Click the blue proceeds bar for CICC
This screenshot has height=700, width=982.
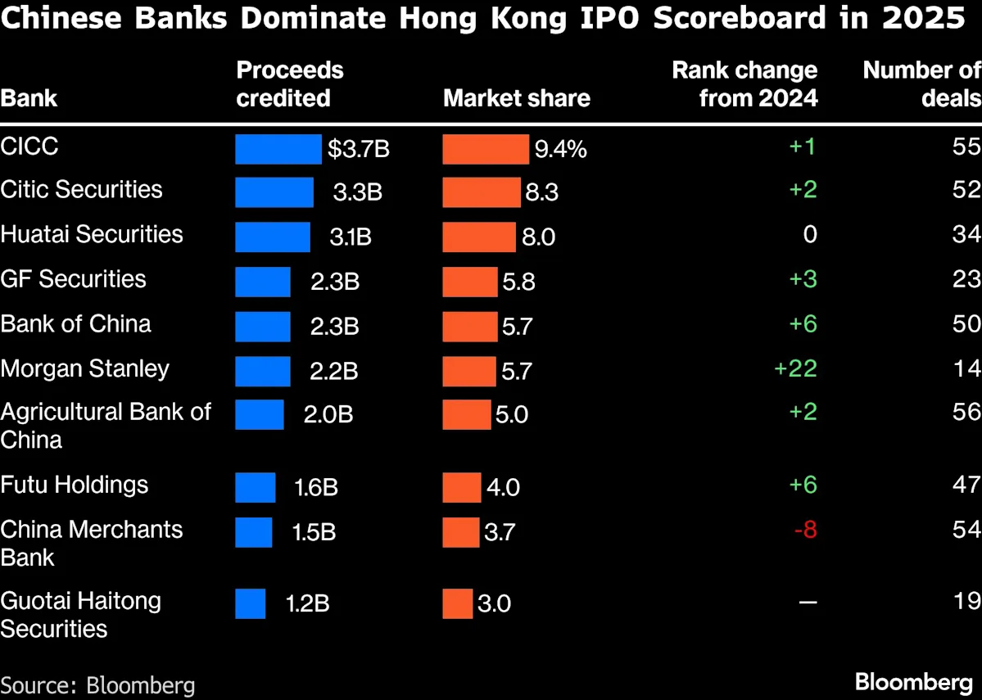[x=278, y=149]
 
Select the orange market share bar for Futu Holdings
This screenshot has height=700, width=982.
[x=462, y=487]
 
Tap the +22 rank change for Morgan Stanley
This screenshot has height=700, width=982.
[x=795, y=368]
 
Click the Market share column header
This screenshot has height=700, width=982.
[x=516, y=98]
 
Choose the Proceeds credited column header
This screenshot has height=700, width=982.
[x=289, y=84]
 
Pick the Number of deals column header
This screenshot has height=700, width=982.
[x=921, y=84]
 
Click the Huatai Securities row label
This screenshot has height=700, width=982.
[x=92, y=234]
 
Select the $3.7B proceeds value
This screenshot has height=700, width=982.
[x=359, y=149]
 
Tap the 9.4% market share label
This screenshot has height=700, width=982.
[x=560, y=149]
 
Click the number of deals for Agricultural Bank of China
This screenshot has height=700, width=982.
[x=966, y=412]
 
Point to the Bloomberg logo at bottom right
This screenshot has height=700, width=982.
[x=913, y=681]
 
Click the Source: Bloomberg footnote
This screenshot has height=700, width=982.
[x=97, y=684]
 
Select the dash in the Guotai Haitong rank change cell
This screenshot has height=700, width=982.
[x=808, y=603]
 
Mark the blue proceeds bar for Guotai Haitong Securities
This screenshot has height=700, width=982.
[x=250, y=603]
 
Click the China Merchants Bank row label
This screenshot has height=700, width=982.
[x=92, y=543]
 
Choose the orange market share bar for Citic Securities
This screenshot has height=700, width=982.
[x=482, y=192]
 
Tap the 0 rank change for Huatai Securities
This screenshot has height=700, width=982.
[x=809, y=235]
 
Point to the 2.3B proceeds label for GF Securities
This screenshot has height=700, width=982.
[x=334, y=281]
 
